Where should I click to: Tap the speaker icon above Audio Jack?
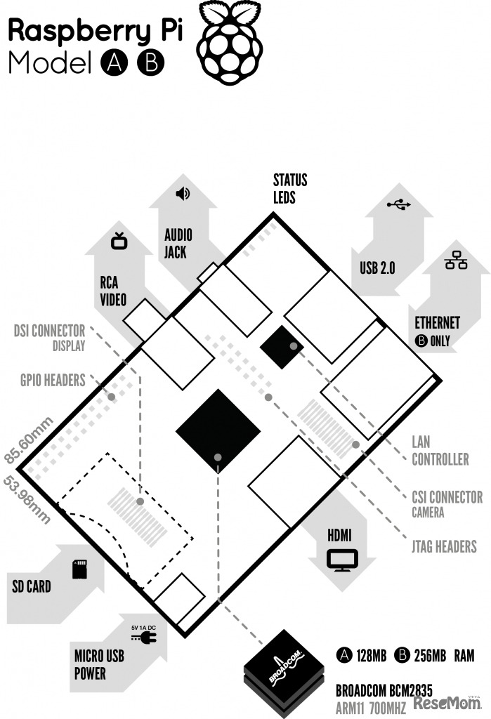point(183,194)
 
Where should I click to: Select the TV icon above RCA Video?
point(119,241)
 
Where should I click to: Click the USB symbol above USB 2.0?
point(398,204)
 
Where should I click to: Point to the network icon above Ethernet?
point(456,260)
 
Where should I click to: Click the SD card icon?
point(80,569)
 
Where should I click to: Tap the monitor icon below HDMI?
point(342,560)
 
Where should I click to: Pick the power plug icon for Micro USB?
point(144,637)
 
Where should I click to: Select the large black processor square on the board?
point(218,431)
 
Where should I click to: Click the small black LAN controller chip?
point(282,347)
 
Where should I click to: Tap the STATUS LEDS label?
point(290,188)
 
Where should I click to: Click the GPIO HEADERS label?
point(53,380)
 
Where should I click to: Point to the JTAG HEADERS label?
point(444,546)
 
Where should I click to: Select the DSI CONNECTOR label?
point(50,331)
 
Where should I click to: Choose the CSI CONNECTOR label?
point(447,497)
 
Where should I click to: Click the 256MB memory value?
point(429,656)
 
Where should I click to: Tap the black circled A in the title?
point(114,62)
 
